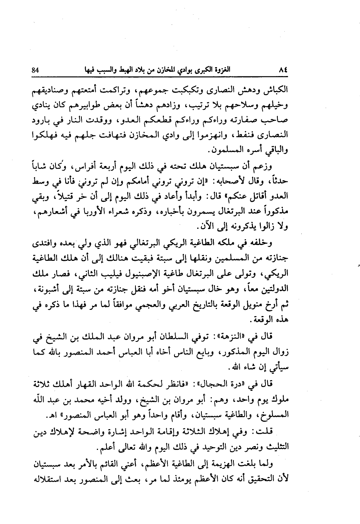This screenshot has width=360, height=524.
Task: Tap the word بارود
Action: click(44, 120)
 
